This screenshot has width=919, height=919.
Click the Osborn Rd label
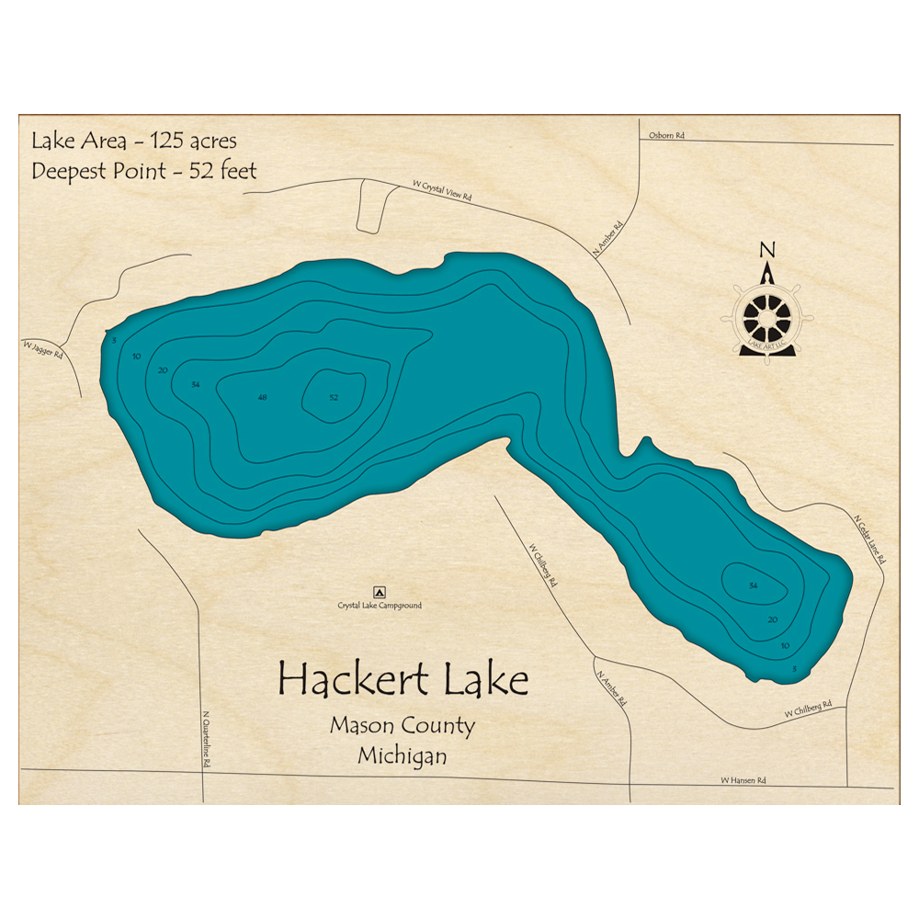point(666,136)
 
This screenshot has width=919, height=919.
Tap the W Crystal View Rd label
point(441,193)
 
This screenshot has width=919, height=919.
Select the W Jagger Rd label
point(43,348)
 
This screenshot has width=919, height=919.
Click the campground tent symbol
point(378,592)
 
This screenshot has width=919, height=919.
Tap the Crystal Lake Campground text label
point(380,606)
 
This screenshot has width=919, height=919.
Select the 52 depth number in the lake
point(334,397)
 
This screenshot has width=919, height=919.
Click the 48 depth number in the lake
point(263,397)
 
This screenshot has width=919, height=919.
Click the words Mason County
point(403,726)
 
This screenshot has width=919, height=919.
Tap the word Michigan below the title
point(403,757)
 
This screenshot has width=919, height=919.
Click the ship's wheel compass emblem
point(766,317)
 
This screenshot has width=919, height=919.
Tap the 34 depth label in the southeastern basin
point(754,585)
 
